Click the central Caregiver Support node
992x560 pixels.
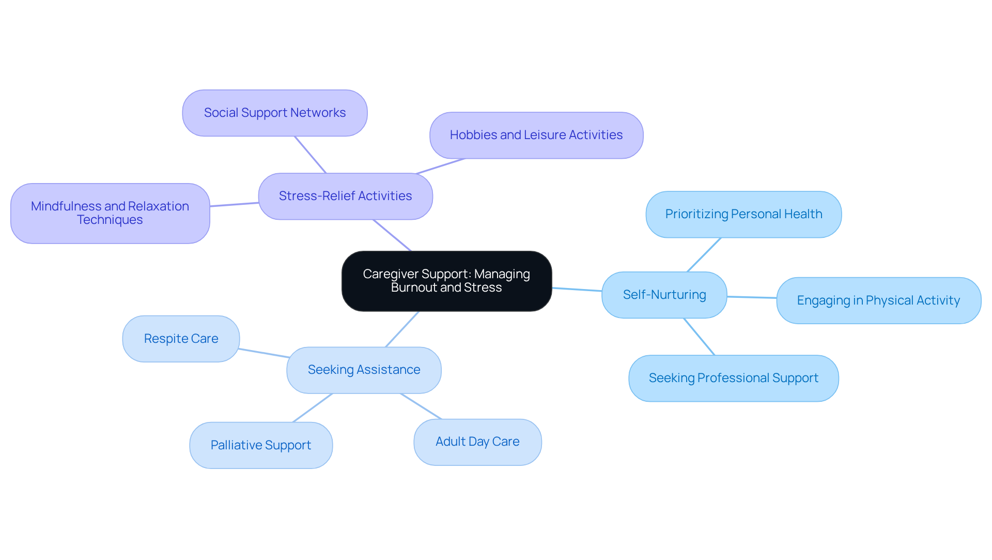point(446,281)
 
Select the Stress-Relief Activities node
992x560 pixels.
point(345,196)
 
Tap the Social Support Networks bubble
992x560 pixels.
point(274,113)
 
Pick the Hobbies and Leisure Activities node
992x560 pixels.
point(536,135)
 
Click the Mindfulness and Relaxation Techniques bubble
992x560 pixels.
point(110,213)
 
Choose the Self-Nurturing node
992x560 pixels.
point(664,295)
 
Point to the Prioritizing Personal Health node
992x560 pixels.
point(743,214)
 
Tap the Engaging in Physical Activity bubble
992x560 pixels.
point(878,300)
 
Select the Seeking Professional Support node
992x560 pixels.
point(733,378)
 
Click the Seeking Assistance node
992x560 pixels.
point(364,370)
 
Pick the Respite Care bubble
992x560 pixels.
point(181,339)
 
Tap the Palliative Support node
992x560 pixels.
point(260,445)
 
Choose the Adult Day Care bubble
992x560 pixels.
point(477,442)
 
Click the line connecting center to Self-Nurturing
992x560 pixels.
point(577,290)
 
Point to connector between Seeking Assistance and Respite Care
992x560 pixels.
point(263,353)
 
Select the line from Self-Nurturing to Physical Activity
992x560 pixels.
point(752,297)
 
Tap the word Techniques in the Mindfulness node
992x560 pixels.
point(110,220)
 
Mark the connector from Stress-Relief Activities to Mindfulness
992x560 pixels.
point(234,204)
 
